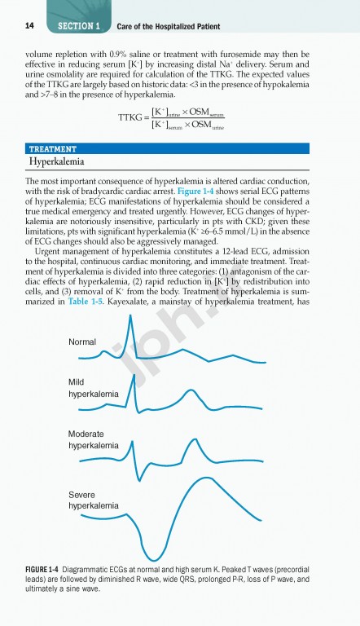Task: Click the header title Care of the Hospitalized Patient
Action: (168, 26)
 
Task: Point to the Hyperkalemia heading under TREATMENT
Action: (62, 162)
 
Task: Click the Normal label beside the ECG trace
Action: (82, 342)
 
